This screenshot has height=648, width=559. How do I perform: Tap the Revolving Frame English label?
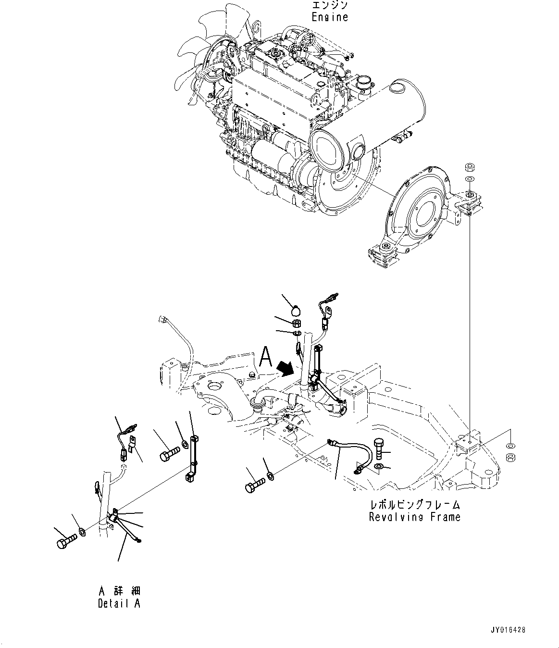point(414,517)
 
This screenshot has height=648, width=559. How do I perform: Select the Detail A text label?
point(119,604)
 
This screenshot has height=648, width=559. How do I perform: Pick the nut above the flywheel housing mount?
point(470,168)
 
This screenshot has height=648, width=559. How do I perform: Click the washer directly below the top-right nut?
point(470,179)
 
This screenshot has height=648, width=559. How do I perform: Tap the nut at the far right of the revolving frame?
point(510,456)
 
